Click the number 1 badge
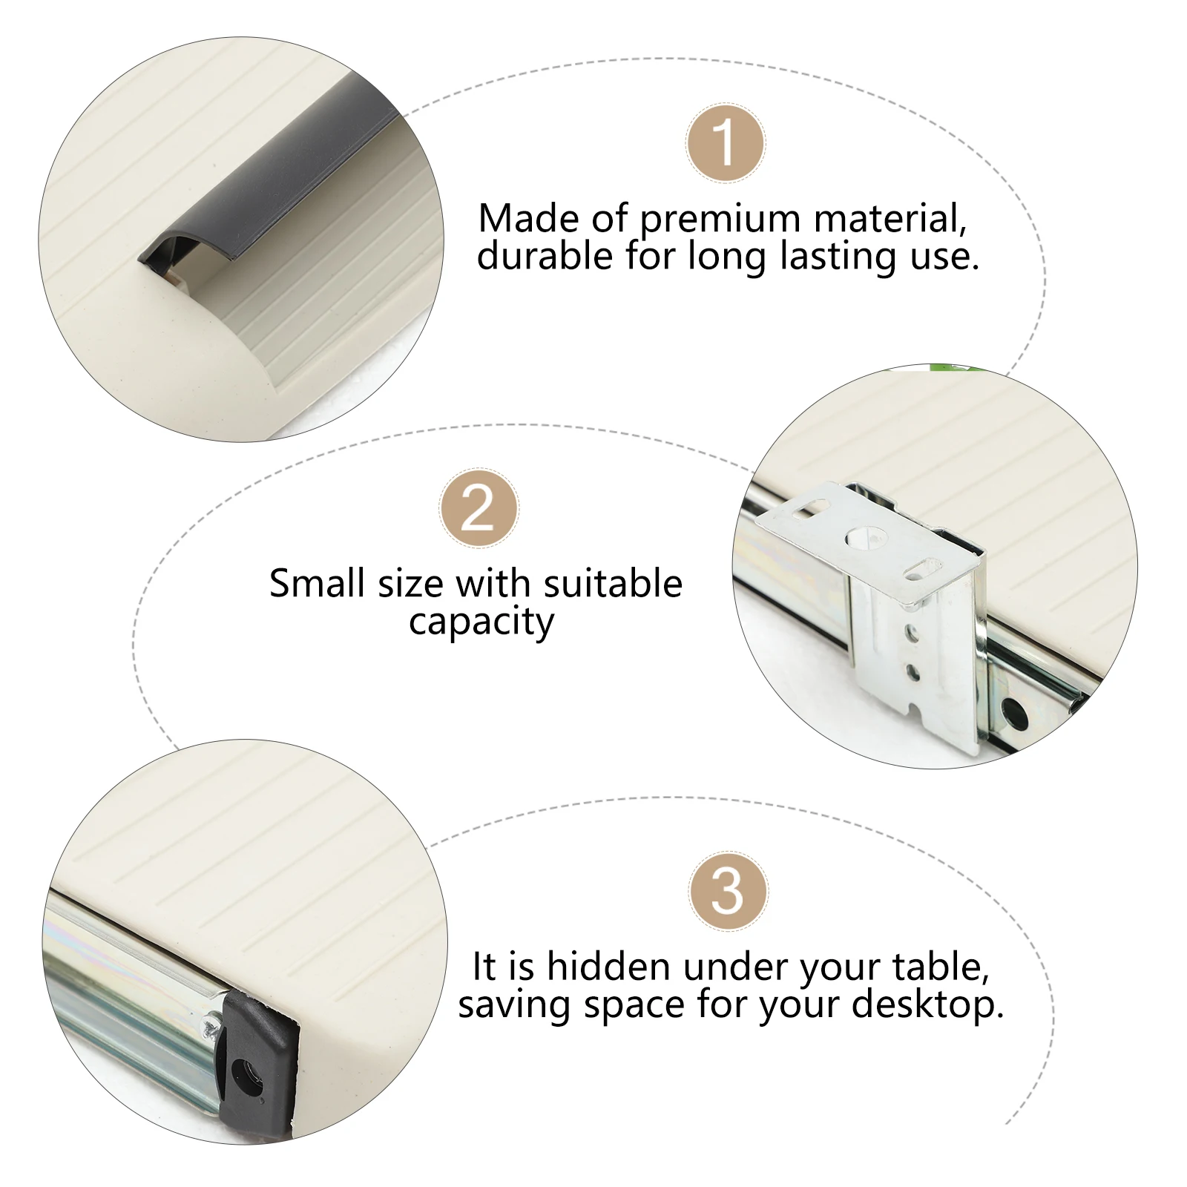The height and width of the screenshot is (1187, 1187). pos(725,143)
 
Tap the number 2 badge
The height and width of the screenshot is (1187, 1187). pos(479,509)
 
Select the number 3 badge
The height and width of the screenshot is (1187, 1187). pos(728,891)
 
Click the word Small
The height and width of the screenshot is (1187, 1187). pos(318,583)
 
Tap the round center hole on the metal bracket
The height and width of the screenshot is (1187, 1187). pos(861,537)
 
